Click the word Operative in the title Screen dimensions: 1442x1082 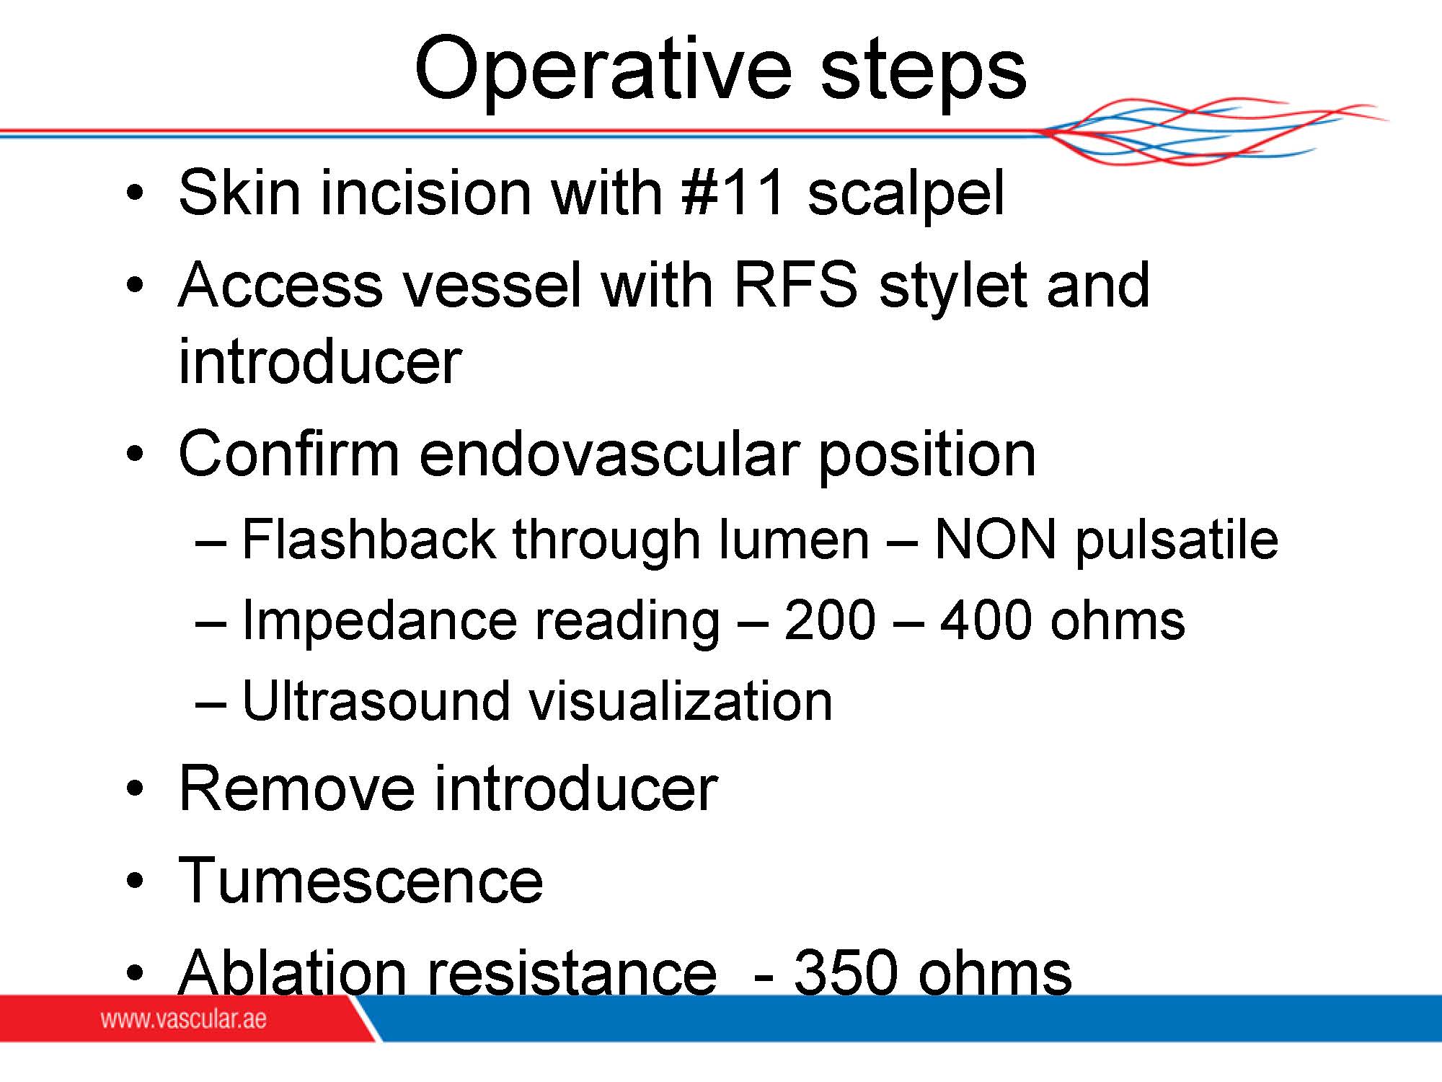[x=603, y=69]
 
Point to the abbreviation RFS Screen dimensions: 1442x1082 [x=795, y=284]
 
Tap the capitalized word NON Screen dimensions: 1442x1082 [x=995, y=539]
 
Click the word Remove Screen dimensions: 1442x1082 [x=296, y=788]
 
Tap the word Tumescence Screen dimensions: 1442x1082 [x=360, y=879]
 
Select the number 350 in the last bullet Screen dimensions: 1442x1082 [x=846, y=972]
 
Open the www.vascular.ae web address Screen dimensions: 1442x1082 [x=183, y=1019]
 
